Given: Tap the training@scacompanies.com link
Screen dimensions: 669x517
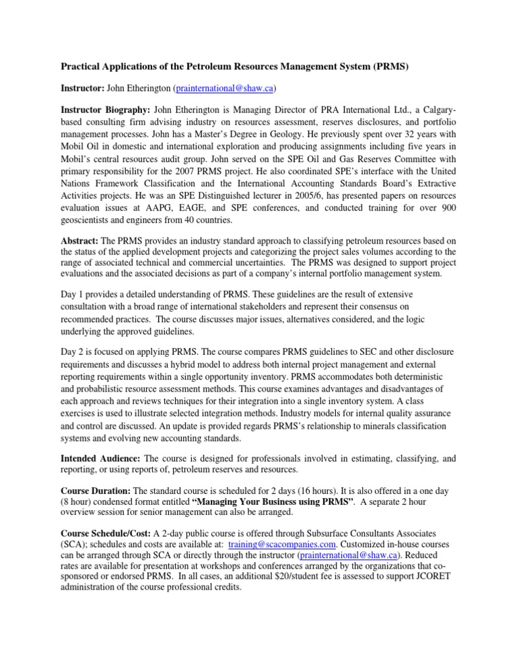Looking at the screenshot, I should pos(285,598).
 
